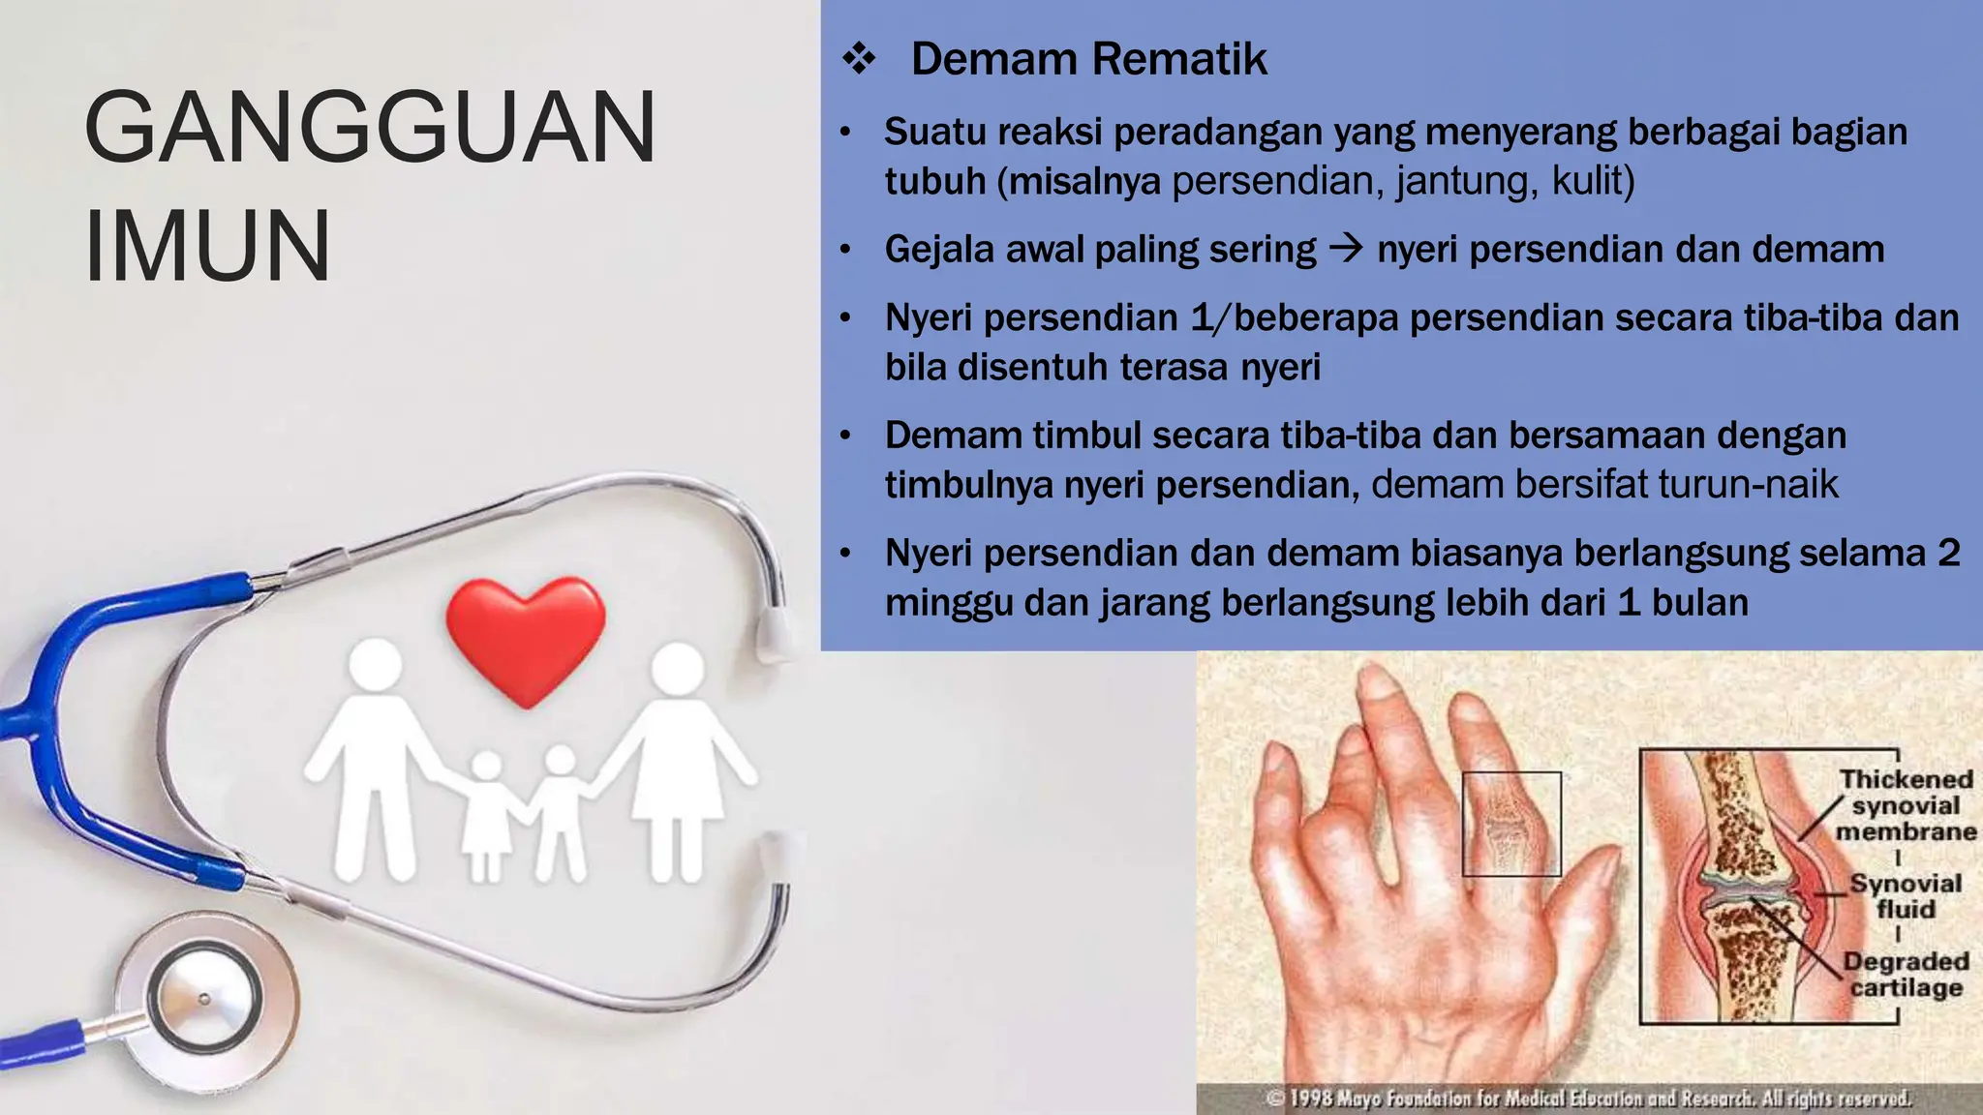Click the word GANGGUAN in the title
click(370, 128)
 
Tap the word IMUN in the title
click(207, 246)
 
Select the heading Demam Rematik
click(1088, 59)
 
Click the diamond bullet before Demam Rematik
click(858, 60)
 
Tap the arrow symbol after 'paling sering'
click(1346, 250)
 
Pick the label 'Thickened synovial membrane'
click(1905, 805)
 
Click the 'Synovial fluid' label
click(1905, 896)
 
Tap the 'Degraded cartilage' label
click(1905, 974)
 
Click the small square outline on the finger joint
click(1510, 824)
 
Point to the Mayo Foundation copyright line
click(1588, 1099)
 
